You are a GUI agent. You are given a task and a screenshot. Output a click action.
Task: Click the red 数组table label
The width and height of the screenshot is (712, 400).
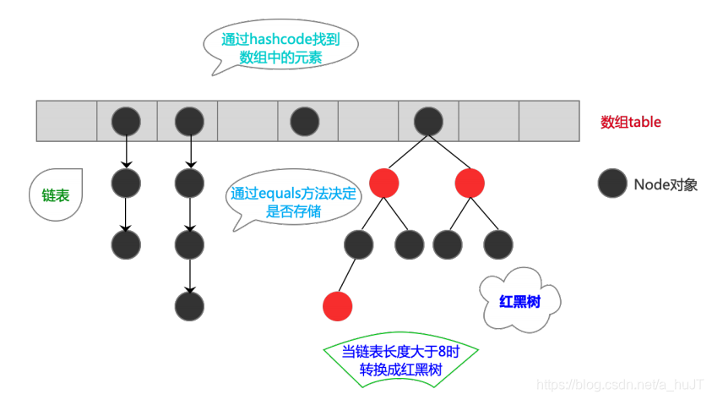(x=630, y=122)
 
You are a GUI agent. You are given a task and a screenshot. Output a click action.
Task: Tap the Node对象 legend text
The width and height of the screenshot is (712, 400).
(x=666, y=184)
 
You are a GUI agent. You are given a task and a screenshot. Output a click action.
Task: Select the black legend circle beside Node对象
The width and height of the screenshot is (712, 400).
(x=611, y=184)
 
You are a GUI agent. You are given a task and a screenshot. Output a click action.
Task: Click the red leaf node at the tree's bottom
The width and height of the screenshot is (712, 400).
(x=337, y=304)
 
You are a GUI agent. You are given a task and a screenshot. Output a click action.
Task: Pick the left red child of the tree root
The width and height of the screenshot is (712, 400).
(x=384, y=183)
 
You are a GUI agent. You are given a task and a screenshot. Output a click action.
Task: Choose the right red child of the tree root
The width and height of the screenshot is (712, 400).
(x=470, y=183)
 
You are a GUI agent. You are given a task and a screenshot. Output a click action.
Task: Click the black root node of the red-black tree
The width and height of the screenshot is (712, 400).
(x=427, y=122)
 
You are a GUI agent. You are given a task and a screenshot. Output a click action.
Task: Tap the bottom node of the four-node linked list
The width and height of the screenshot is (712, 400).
(x=190, y=304)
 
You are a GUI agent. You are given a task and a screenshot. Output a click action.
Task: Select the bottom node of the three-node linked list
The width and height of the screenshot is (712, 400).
(x=126, y=244)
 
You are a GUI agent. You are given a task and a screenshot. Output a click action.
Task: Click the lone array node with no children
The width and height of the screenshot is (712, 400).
(x=305, y=122)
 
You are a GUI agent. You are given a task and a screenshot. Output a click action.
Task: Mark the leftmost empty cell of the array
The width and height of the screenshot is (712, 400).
(x=67, y=122)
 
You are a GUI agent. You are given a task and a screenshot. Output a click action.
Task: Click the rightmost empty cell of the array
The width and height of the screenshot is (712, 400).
(x=549, y=122)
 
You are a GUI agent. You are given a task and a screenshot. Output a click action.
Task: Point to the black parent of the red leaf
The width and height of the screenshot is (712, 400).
(x=359, y=244)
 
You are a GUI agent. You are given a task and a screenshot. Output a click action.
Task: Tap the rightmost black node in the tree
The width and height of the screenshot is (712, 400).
(x=498, y=244)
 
